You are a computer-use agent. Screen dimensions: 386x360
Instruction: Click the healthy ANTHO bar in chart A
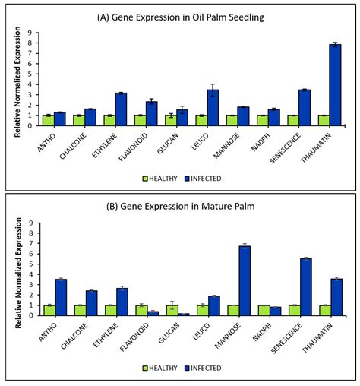click(49, 121)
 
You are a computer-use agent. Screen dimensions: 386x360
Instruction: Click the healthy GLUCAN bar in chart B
click(172, 310)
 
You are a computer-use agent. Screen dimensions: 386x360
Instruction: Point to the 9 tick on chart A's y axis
click(30, 33)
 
